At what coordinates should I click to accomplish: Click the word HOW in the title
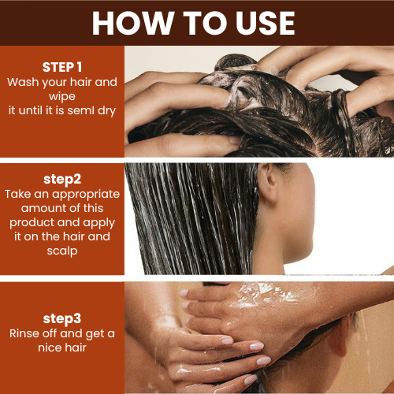[133, 23]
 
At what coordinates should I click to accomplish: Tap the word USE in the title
[266, 23]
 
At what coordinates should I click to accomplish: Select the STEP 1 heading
[62, 67]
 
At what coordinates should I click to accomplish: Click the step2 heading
[62, 180]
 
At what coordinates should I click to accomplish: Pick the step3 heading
[62, 319]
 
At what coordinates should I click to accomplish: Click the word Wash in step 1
[23, 82]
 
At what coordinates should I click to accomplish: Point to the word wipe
[62, 97]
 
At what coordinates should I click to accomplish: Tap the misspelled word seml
[81, 110]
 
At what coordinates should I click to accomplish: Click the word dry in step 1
[107, 111]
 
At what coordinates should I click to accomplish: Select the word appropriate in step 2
[86, 195]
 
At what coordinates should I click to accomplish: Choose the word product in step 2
[32, 223]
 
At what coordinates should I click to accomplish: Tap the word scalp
[62, 251]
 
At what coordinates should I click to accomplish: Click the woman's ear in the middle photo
[268, 183]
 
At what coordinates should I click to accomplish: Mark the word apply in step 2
[99, 223]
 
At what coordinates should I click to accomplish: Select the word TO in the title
[205, 23]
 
